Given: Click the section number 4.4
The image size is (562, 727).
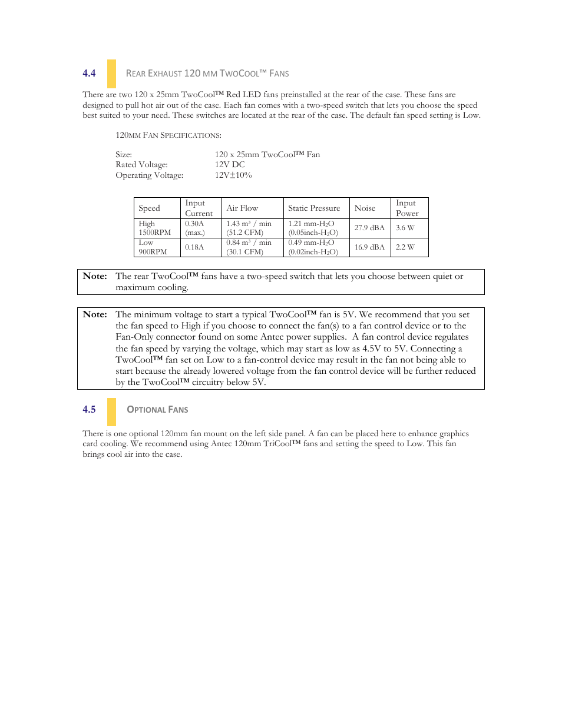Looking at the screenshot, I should click(89, 74).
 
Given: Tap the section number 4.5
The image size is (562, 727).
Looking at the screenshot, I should click(89, 410).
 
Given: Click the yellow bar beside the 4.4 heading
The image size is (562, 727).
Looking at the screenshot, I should click(111, 74).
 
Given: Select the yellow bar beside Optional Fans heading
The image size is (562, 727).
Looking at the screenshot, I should click(111, 411).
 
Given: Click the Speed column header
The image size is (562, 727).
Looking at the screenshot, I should click(149, 208).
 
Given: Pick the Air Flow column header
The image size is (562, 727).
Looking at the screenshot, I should click(242, 208).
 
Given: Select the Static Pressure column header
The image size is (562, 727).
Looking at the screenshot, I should click(314, 208).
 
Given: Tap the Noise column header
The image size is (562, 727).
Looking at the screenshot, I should click(365, 208).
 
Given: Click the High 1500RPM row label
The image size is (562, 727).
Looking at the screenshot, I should click(154, 228).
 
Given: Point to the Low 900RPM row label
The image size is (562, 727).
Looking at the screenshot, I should click(153, 247).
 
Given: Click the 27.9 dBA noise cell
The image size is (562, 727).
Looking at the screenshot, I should click(369, 228).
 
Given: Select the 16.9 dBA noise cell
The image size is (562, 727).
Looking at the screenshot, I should click(369, 247).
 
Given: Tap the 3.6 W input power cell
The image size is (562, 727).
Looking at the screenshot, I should click(405, 228).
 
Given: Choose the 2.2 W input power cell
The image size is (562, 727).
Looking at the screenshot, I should click(405, 247).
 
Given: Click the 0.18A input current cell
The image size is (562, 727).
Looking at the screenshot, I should click(194, 247).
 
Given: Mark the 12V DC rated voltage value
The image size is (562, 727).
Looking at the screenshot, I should click(230, 165).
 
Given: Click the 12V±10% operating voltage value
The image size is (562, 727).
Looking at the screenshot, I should click(233, 175).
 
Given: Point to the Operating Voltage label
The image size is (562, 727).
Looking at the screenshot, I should click(149, 175).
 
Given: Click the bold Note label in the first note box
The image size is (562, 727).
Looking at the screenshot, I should click(95, 276).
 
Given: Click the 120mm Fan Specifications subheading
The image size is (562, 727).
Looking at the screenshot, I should click(168, 135).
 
